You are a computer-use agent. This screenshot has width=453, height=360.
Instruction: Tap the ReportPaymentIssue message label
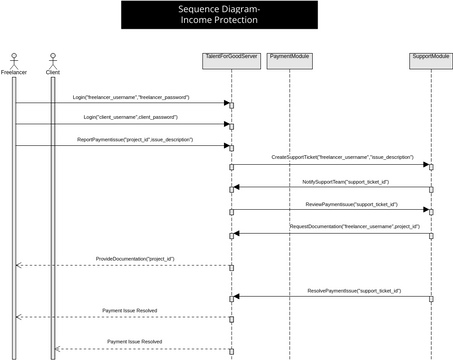point(135,139)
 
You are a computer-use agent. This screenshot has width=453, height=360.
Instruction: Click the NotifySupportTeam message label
point(346,181)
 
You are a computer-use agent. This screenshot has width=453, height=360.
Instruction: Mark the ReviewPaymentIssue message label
point(351,204)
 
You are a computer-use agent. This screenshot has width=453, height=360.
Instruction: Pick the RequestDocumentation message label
point(354,226)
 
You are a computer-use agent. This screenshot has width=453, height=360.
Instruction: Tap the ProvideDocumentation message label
point(135,259)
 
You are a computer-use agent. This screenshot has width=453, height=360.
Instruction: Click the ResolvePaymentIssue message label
point(354,290)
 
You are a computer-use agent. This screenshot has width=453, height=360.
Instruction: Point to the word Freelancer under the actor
point(14,73)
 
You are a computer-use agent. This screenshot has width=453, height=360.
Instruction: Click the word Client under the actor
point(52,73)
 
